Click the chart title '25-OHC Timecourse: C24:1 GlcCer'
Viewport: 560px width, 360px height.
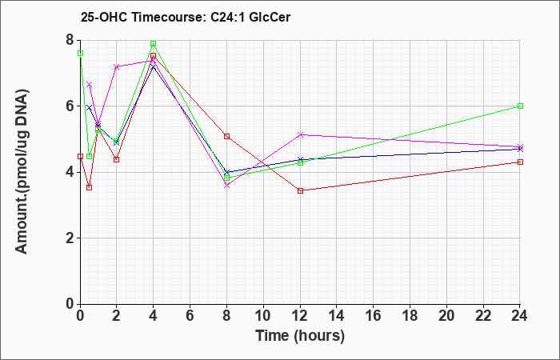click(x=186, y=17)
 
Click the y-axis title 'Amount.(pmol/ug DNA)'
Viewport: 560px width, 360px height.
click(x=22, y=172)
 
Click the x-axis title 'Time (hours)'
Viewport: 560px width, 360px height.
click(x=300, y=336)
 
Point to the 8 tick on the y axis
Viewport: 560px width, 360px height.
click(x=71, y=40)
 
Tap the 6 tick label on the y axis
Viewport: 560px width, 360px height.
click(x=71, y=106)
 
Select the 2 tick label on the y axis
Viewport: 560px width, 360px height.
click(x=71, y=238)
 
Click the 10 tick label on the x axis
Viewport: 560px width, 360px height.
click(x=263, y=316)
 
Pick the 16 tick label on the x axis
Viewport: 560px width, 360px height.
click(x=374, y=316)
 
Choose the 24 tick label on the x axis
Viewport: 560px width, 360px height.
click(x=520, y=316)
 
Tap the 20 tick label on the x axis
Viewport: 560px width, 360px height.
click(x=446, y=316)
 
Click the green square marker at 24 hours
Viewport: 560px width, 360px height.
click(x=520, y=106)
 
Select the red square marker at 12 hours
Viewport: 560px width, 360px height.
click(x=300, y=190)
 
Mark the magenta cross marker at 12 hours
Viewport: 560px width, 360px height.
click(x=300, y=134)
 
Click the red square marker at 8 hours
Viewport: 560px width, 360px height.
click(x=226, y=137)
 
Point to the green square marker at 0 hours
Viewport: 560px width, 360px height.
click(x=80, y=54)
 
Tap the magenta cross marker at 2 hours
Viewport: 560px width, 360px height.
click(x=117, y=66)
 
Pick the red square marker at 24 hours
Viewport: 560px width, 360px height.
click(x=520, y=162)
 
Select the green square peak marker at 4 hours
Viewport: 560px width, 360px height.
click(x=154, y=43)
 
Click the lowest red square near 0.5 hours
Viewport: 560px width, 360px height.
click(x=90, y=187)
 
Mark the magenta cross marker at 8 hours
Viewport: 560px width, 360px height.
click(x=226, y=186)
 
